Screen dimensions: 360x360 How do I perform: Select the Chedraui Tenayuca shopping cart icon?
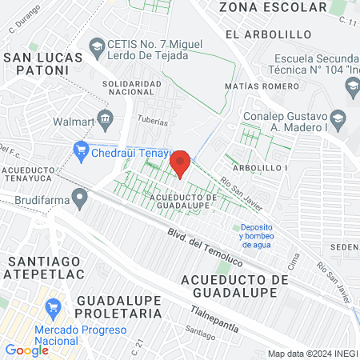80,148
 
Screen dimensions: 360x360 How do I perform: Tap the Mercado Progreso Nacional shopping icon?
54,306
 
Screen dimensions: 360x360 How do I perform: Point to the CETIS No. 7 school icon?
97,46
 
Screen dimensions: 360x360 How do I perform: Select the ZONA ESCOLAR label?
273,7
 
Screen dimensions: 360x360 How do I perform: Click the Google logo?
26,350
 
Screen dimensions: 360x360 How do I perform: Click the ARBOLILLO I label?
260,168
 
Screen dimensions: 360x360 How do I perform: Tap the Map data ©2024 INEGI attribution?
312,354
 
